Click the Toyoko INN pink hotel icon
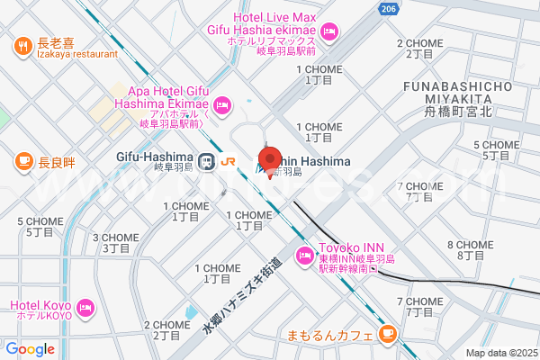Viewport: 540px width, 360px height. (305, 259)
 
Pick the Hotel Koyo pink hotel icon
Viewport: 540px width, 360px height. (86, 308)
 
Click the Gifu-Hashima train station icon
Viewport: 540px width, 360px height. (207, 162)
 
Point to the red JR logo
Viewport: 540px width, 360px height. (228, 162)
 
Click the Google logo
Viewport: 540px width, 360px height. (31, 349)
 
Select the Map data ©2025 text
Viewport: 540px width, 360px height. (499, 353)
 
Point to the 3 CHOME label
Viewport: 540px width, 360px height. (116, 242)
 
